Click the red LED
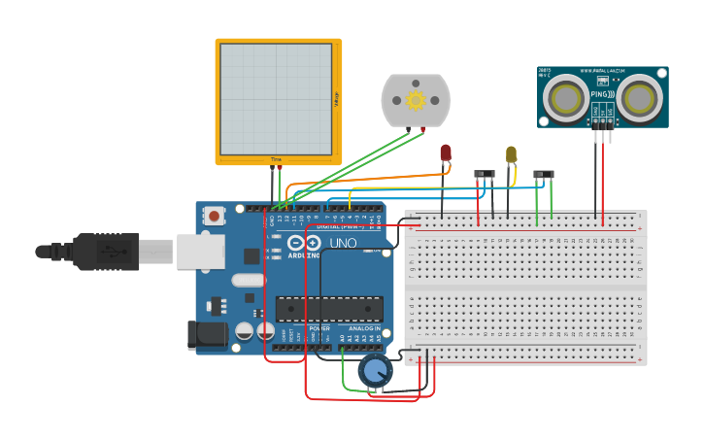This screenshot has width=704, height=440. (446, 152)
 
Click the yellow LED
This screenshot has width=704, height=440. (512, 153)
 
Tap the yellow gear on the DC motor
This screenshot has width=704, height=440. (416, 100)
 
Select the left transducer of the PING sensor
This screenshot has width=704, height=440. (564, 97)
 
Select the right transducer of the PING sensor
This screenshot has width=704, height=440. (640, 97)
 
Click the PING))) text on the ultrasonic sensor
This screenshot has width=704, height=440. (602, 95)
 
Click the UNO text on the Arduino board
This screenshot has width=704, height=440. (343, 243)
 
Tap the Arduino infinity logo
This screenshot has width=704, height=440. (303, 243)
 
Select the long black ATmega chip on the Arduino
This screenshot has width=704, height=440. (328, 309)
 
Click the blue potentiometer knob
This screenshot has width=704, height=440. (375, 370)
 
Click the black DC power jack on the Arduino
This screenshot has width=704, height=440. (208, 336)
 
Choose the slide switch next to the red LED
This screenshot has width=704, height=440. (484, 175)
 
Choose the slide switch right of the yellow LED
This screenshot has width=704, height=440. (544, 175)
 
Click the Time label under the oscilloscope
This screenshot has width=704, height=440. (276, 159)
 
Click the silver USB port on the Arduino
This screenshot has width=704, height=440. (199, 252)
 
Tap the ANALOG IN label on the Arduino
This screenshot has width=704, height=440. (366, 328)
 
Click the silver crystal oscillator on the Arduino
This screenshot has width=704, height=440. (249, 281)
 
